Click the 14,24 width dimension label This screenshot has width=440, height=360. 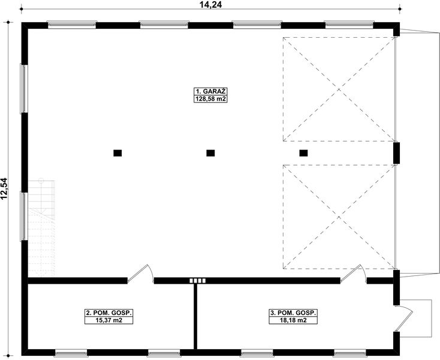coord(210,4)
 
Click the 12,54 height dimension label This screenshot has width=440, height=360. coord(5,188)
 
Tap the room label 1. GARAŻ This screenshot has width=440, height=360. coord(210,91)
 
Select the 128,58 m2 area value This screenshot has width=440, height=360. coord(210,98)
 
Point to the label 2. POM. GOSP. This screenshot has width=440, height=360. coord(109,313)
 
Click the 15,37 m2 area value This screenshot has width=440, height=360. coord(109,320)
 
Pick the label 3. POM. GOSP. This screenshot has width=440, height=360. coord(293,313)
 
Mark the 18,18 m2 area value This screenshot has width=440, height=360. coord(293,320)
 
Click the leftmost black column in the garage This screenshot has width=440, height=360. coord(117,153)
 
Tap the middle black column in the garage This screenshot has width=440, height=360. coord(210,153)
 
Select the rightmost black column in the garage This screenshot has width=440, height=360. coord(303,153)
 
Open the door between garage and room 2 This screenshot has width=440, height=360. coord(141,275)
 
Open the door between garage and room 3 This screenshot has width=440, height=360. coord(354,275)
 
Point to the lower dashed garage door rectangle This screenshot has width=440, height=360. coord(339,217)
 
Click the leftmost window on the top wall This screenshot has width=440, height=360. coord(71,25)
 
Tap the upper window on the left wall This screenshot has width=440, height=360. coord(23,88)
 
